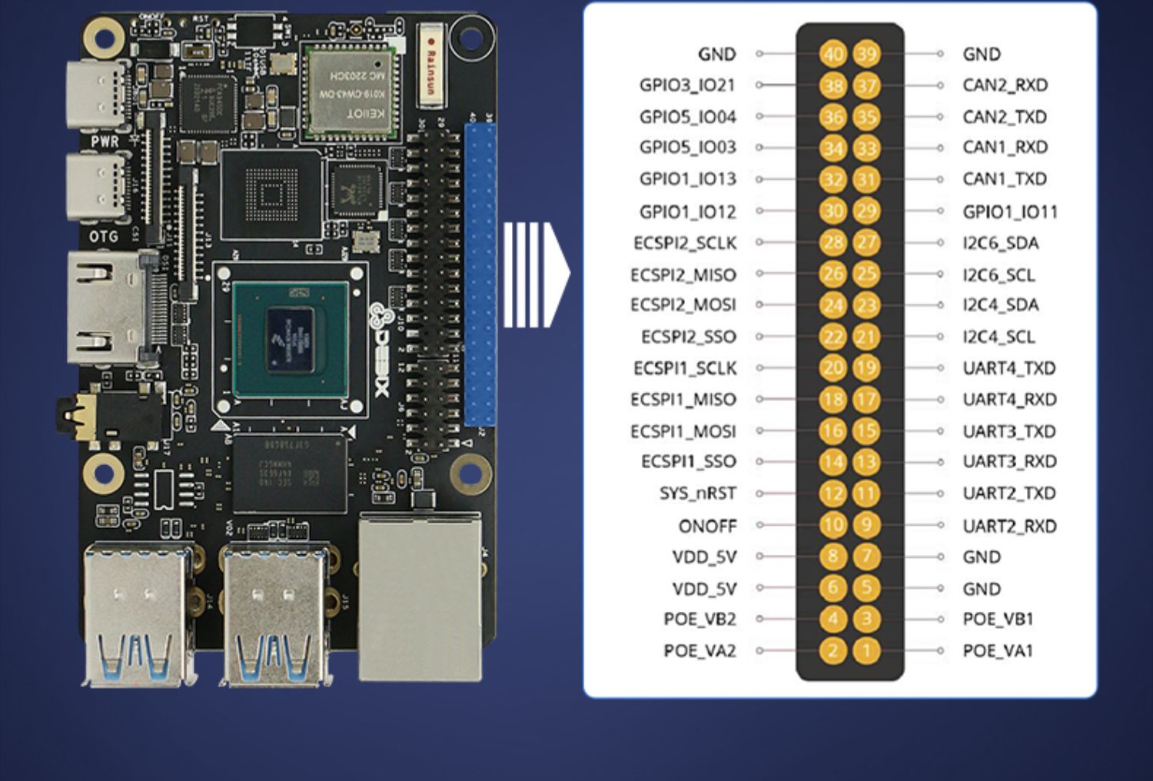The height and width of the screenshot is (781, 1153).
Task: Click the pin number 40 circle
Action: click(832, 54)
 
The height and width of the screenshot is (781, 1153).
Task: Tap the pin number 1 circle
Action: click(866, 651)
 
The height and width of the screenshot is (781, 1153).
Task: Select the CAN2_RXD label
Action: click(1005, 85)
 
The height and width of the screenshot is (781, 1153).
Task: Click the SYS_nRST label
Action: click(697, 494)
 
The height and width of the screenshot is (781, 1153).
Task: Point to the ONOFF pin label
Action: click(707, 527)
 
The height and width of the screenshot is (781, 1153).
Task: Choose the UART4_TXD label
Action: click(1008, 368)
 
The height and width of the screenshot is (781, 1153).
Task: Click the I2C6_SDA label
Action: click(1000, 243)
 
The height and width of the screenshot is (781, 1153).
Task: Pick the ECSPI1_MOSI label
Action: click(683, 431)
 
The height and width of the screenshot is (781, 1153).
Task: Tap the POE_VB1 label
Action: click(998, 619)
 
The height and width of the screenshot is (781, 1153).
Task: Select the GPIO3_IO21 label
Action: click(687, 85)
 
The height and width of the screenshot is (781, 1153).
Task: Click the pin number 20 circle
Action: click(832, 368)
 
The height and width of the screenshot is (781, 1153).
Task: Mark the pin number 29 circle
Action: click(866, 211)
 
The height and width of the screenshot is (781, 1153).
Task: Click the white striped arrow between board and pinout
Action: click(536, 274)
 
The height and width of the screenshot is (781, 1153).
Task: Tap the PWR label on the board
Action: click(105, 141)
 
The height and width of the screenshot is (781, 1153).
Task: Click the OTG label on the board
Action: click(104, 236)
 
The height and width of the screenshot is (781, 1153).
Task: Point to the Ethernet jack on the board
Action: click(420, 596)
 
